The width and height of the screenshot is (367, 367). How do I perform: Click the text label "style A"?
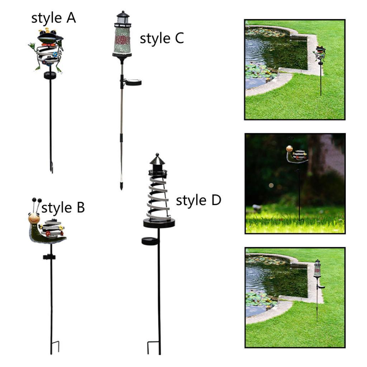(x=54, y=18)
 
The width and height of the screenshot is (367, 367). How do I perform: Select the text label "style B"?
(x=63, y=208)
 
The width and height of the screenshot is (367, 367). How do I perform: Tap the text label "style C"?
(x=162, y=38)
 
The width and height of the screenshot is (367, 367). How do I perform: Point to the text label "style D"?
(x=199, y=201)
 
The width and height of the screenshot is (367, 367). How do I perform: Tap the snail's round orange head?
(x=34, y=218)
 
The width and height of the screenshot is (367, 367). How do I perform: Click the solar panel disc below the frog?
(x=50, y=75)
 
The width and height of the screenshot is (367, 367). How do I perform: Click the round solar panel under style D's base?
(x=151, y=241)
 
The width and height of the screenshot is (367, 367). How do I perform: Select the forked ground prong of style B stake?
(x=54, y=347)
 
